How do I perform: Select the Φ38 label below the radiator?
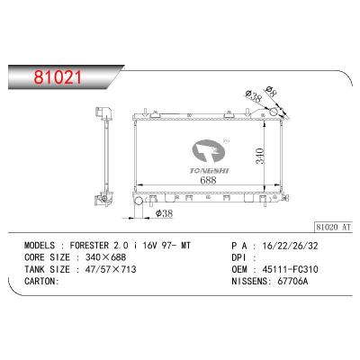click(x=166, y=214)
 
